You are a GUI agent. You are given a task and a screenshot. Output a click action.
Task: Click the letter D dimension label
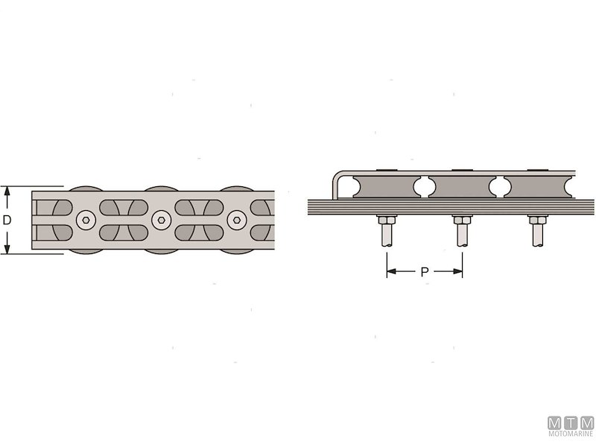coord(7,221)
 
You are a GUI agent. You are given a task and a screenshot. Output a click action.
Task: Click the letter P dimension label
coord(425,272)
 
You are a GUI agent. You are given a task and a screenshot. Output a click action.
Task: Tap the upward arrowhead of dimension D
coord(7,190)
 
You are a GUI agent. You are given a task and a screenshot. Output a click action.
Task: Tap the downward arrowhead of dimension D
coord(7,250)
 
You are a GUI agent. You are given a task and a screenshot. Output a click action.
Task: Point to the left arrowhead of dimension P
coord(390,272)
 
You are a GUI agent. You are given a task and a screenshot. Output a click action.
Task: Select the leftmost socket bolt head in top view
coord(84,220)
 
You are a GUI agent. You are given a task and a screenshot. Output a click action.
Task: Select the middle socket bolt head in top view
coord(160,220)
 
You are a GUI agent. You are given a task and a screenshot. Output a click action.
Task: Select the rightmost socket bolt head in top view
coord(236,220)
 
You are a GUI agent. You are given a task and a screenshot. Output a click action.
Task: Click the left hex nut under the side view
coord(386,220)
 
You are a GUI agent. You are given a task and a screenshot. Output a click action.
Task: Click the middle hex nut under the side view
coord(462,220)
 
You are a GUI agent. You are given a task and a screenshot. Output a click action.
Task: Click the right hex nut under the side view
coord(537,220)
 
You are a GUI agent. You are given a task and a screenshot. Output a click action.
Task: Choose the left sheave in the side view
coord(385,186)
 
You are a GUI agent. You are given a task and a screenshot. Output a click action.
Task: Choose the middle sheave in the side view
coord(462,186)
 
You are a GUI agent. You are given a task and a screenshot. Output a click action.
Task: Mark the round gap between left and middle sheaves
coord(423,186)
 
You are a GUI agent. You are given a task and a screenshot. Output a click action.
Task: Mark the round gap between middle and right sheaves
coord(499,186)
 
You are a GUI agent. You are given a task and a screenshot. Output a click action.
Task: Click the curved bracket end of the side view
coord(337,183)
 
